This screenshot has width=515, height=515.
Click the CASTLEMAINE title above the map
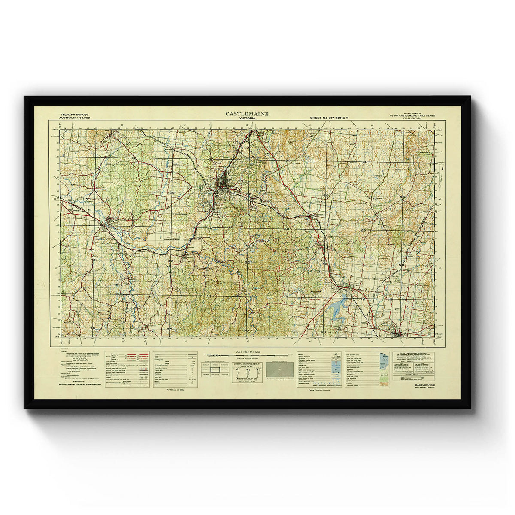(247, 114)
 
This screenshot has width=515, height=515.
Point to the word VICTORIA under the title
(247, 118)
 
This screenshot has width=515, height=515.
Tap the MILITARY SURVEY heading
(74, 115)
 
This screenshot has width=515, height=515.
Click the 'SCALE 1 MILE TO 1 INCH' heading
(248, 352)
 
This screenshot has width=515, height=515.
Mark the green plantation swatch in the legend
(384, 372)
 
